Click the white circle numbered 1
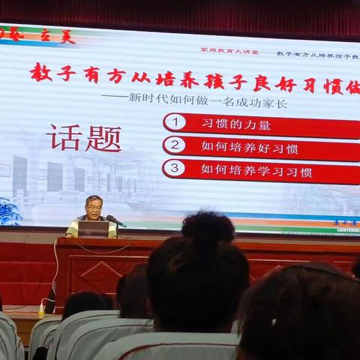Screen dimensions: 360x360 click(174, 121)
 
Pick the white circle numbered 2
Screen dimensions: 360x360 click(174, 145)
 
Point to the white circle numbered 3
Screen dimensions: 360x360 click(174, 168)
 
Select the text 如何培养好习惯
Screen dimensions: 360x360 click(250, 147)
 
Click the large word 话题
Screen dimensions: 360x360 click(83, 137)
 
